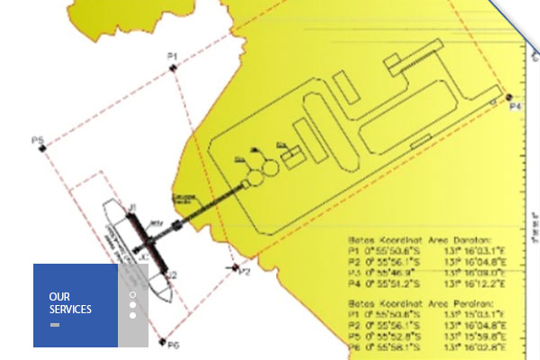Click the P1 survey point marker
[172, 67]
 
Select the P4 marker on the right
[508, 97]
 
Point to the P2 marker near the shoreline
[236, 266]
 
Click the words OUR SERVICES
[70, 303]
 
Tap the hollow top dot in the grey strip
[132, 294]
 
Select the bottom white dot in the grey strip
[132, 315]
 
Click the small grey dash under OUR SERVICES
[55, 323]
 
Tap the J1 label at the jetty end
[131, 209]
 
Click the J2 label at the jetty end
[171, 274]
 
